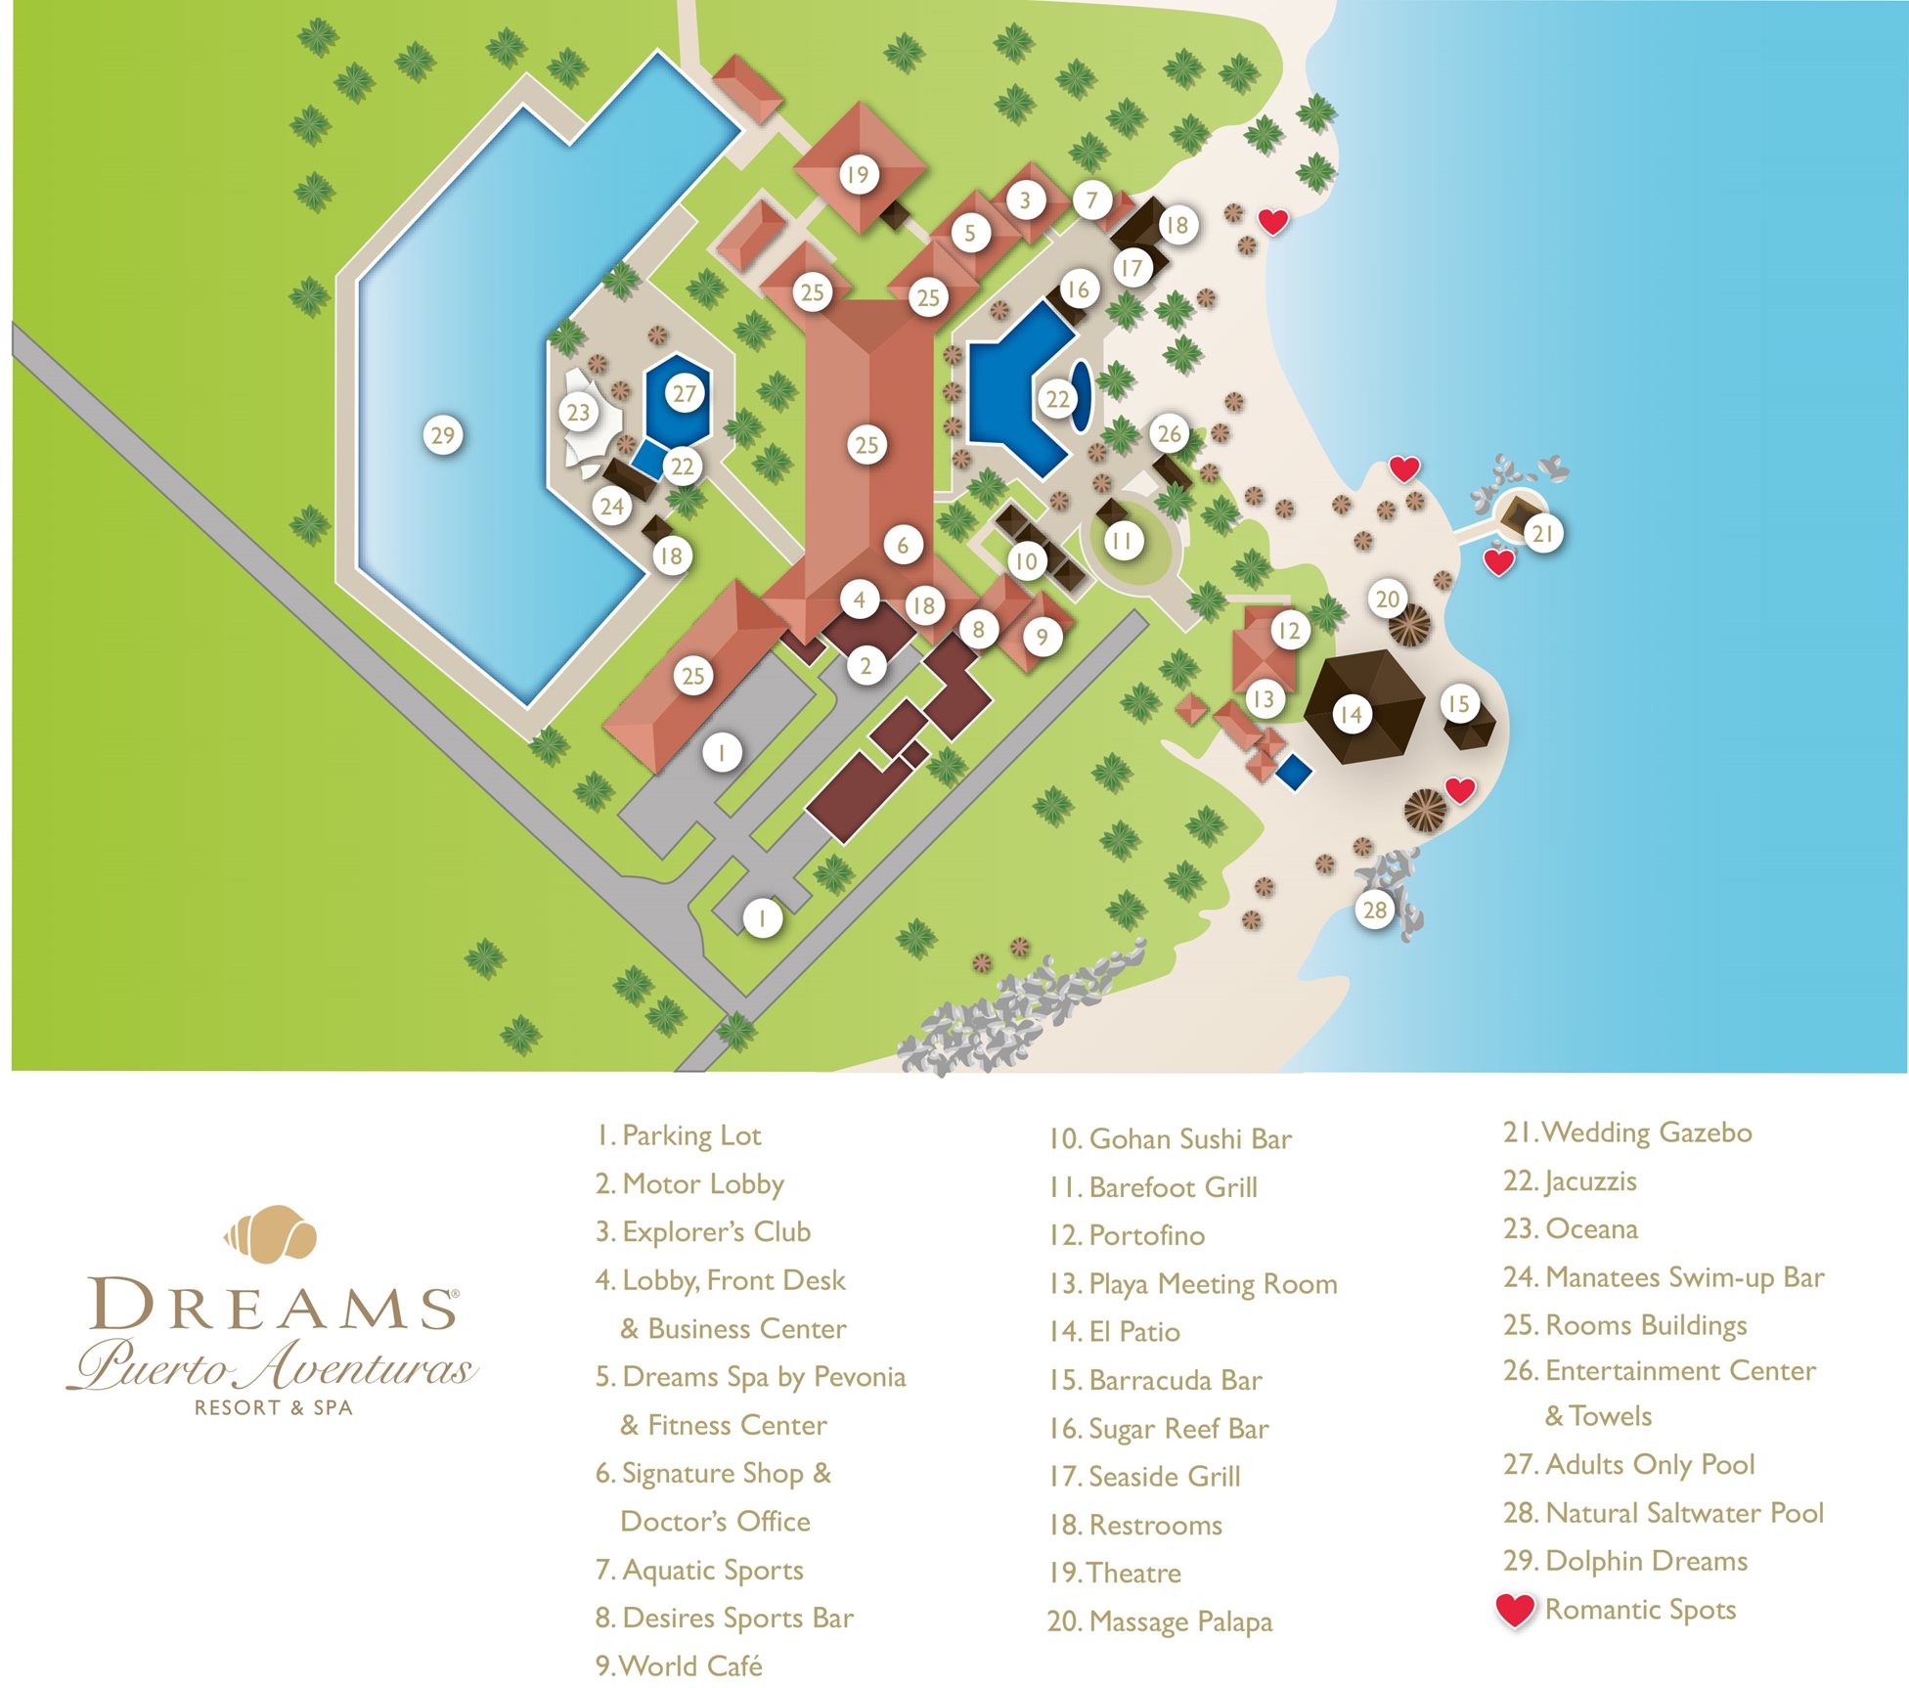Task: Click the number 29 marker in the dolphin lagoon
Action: coord(443,434)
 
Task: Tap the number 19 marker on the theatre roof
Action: coord(858,175)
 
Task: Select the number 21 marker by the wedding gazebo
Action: coord(1542,533)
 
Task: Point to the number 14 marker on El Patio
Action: coord(1351,715)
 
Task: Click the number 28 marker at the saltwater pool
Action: coord(1374,910)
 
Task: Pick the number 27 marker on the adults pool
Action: coord(684,393)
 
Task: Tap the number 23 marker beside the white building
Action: coord(578,412)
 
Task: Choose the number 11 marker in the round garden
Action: coord(1122,540)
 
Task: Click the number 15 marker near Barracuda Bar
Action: coord(1458,703)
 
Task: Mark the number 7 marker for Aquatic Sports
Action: coord(1092,200)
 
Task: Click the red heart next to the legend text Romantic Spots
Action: coord(1515,1610)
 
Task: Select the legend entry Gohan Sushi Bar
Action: coord(1170,1139)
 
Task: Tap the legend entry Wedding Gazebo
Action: coord(1627,1133)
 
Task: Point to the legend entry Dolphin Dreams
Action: coord(1625,1561)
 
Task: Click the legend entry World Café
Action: coord(679,1666)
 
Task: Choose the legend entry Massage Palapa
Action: coord(1160,1621)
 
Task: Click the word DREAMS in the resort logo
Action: coord(273,1304)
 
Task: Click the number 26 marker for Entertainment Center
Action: coord(1169,433)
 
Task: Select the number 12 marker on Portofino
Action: coord(1289,631)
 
